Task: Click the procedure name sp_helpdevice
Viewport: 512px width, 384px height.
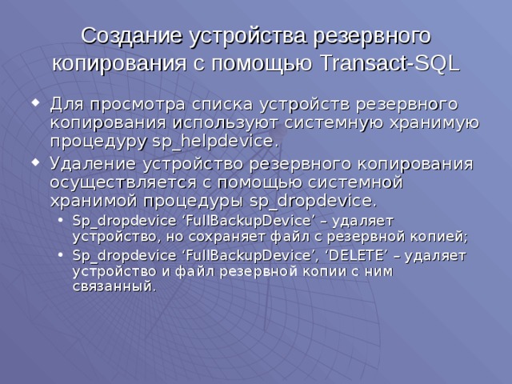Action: pos(226,142)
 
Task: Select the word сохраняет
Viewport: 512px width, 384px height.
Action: pos(226,236)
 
